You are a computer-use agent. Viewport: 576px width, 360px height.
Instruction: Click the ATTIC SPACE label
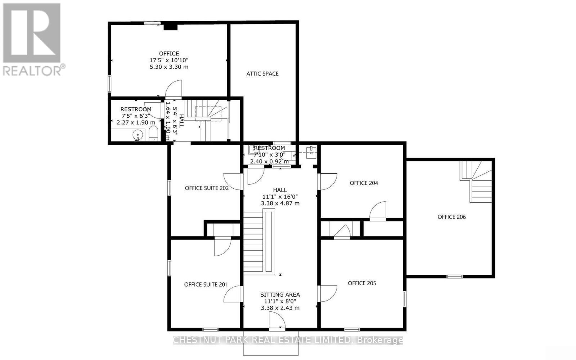tap(262, 73)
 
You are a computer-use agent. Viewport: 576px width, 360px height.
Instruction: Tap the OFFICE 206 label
tap(451, 217)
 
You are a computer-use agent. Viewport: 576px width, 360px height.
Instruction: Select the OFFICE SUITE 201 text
tap(206, 284)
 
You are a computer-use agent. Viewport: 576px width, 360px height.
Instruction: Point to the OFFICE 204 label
tap(364, 183)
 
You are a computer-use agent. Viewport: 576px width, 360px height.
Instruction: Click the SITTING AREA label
tap(280, 294)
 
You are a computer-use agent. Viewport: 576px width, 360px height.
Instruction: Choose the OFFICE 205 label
tap(362, 283)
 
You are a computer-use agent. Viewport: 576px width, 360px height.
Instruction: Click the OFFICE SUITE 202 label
tap(207, 188)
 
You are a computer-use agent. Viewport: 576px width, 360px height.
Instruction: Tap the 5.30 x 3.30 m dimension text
tap(169, 67)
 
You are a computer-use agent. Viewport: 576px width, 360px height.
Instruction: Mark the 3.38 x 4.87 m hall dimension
tap(280, 203)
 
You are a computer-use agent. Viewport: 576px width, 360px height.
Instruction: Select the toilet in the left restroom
tap(153, 134)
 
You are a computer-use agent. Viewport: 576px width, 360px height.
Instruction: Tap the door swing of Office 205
tap(328, 293)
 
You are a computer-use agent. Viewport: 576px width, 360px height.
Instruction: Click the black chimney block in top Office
tap(170, 27)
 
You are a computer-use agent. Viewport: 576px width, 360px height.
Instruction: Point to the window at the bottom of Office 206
tap(454, 276)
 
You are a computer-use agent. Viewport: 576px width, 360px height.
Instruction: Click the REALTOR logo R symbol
tap(32, 33)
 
